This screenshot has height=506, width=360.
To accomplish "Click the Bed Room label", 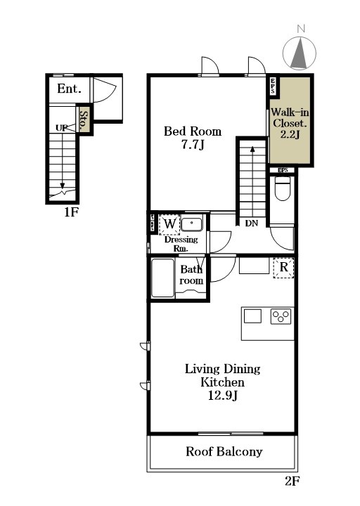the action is [x=193, y=131].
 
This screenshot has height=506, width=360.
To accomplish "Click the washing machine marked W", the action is [x=169, y=223].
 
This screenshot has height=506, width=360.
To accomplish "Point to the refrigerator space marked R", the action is [x=283, y=267].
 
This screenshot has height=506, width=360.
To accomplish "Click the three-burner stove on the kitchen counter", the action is [x=281, y=316].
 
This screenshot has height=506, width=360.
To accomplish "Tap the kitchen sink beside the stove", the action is [x=252, y=316].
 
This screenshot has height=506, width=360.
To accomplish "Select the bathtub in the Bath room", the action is [x=162, y=278].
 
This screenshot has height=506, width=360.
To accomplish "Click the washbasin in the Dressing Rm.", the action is [x=191, y=224].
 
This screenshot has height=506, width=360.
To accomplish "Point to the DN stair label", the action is [x=251, y=223].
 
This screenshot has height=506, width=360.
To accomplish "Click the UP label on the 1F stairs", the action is [x=62, y=128].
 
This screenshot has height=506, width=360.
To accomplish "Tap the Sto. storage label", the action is [x=84, y=120].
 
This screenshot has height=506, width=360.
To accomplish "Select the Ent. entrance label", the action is [x=69, y=89].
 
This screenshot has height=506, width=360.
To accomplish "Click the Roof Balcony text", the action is [x=224, y=451].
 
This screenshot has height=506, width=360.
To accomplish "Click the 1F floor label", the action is [x=71, y=212].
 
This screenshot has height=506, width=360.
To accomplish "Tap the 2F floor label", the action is [x=292, y=481].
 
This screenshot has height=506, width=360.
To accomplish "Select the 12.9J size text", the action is [x=223, y=395].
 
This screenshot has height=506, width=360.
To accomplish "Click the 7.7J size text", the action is [x=193, y=145].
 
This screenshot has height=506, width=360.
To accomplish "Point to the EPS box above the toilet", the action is [x=283, y=170].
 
